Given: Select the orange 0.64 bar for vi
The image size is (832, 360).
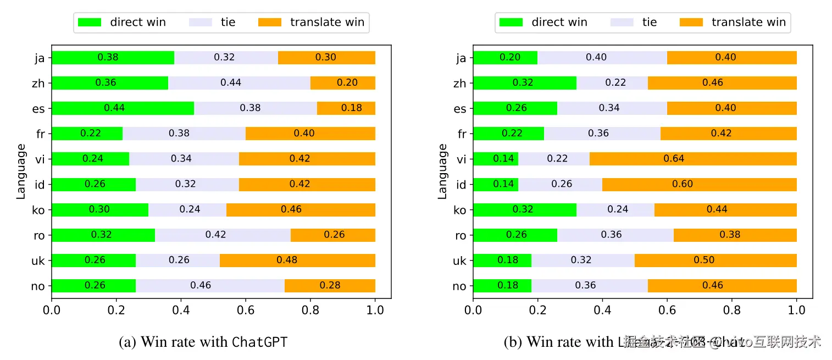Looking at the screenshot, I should point(693,159).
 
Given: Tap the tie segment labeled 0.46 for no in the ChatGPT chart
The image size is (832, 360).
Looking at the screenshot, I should point(210,286).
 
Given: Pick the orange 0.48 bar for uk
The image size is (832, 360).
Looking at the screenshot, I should point(297,260).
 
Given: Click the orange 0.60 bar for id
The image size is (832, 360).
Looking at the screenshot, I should point(700,184).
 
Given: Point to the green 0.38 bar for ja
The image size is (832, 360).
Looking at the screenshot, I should point(113,57).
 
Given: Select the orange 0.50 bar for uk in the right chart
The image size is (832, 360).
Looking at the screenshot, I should point(715,260).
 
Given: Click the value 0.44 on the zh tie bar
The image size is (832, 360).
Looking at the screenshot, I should point(231,83).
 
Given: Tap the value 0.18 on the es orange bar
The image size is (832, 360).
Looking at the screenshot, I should point(352,108).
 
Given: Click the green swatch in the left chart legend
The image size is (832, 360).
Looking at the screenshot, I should point(90,23).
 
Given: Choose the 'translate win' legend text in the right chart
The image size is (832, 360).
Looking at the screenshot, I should point(748,23).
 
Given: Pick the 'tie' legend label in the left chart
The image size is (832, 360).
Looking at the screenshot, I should point(228,23).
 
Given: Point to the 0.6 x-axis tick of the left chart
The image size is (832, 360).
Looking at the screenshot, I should point(246,310).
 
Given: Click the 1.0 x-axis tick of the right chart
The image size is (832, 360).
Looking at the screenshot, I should point(796,310).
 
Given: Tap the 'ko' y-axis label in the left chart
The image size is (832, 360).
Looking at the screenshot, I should point(39,210).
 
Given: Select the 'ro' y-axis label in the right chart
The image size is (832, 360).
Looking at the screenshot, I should point(461,235).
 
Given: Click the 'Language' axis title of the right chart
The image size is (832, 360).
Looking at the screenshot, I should point(443,171).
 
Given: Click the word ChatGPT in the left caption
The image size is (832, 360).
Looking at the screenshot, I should point(259,342).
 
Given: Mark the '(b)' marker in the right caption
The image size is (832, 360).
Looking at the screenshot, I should point(513,342).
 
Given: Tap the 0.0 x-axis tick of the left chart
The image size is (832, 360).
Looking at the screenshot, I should point(52,310).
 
